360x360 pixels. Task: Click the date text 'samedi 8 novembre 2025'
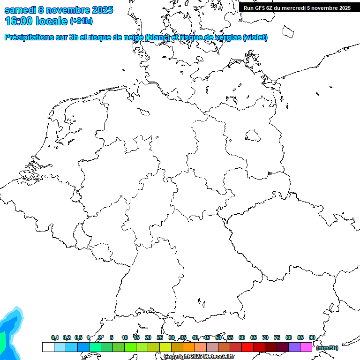[x=59, y=10]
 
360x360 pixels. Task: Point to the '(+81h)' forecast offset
[x=81, y=21]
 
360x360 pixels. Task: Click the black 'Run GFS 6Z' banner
[x=297, y=7]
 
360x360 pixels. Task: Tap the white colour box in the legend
[x=48, y=347]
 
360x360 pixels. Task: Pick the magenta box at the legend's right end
[x=306, y=347]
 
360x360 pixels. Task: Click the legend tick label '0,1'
[x=55, y=338]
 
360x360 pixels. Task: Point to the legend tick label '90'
[x=312, y=337]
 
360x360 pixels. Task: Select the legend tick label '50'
[x=218, y=337]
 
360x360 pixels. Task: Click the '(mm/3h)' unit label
[x=327, y=348]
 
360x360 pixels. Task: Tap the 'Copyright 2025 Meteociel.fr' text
[x=199, y=356]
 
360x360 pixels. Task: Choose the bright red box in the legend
[x=247, y=347]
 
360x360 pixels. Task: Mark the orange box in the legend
[x=189, y=347]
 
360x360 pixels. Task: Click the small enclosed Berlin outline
[x=253, y=135]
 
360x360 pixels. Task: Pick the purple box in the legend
[x=294, y=347]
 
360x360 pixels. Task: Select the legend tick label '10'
[x=125, y=337]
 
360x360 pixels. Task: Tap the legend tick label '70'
[x=265, y=337]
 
